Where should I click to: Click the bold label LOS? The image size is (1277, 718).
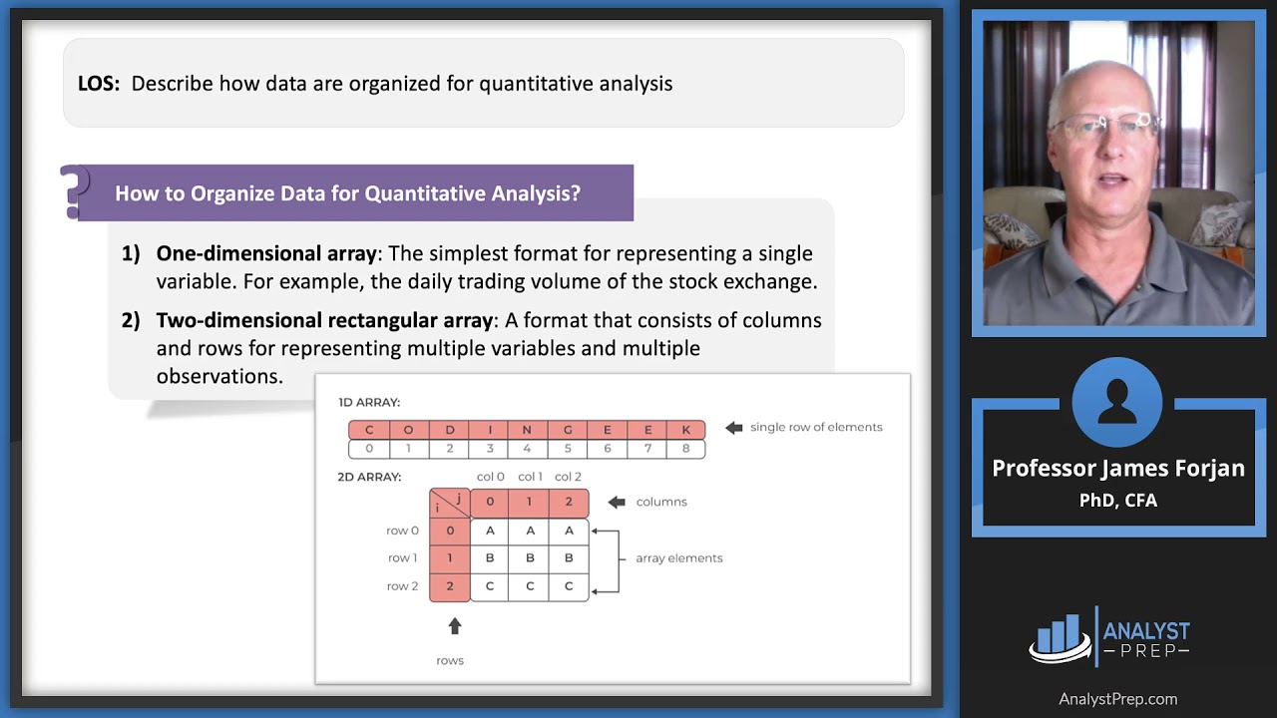tap(99, 84)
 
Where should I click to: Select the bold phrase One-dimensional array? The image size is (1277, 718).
tap(266, 253)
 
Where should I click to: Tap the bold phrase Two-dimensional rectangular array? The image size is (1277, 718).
tap(325, 320)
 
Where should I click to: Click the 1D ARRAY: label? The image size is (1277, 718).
tap(369, 403)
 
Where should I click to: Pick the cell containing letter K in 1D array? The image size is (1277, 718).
tap(686, 430)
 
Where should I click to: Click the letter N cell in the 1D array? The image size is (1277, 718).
tap(527, 430)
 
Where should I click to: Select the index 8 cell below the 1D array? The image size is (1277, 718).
tap(686, 449)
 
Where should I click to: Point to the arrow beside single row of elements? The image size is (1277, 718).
tap(733, 428)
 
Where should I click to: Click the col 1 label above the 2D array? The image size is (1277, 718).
tap(530, 477)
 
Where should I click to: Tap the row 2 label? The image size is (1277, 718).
tap(402, 586)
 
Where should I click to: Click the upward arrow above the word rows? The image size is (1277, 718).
tap(455, 626)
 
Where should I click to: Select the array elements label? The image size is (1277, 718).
tap(678, 558)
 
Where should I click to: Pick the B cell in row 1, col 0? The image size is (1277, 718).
tap(490, 558)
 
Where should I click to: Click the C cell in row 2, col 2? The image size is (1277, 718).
tap(569, 586)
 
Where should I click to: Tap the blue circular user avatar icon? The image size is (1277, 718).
tap(1117, 401)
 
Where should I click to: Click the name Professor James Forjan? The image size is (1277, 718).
tap(1117, 469)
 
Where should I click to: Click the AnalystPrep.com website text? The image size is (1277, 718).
tap(1117, 699)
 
